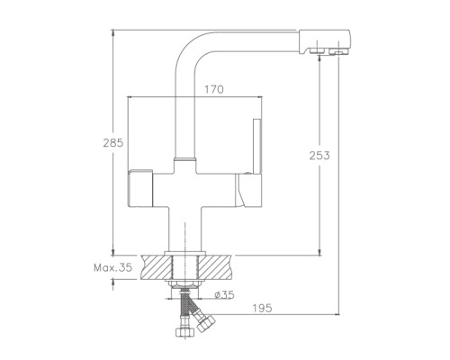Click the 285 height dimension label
coord(113,143)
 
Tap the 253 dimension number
coord(319,156)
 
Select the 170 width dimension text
coord(214,89)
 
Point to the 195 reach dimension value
coord(262,308)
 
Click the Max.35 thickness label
coord(112,267)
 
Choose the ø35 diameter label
coord(224,295)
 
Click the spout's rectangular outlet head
coord(325,42)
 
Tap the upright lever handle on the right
coord(257,147)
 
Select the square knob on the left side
coord(140,188)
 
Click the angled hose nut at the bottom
coord(205,323)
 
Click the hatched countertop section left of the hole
coord(157,267)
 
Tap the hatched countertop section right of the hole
coord(215,267)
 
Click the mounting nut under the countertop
coord(184,283)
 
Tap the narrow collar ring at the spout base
coord(184,158)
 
